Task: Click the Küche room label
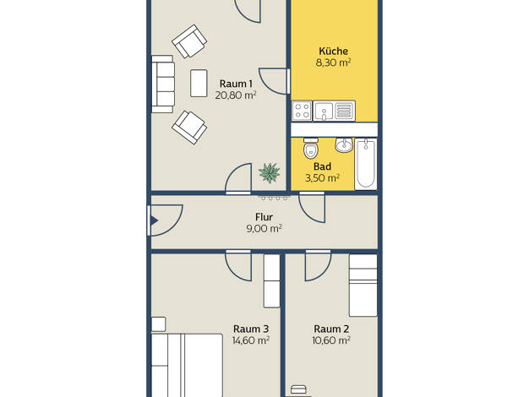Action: pos(333,52)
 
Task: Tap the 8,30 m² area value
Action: pos(333,63)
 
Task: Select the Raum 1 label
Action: pos(236,84)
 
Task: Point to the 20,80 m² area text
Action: pos(236,95)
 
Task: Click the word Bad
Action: pos(322,166)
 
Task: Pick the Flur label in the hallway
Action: pos(264,217)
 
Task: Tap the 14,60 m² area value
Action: pos(251,340)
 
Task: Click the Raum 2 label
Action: pos(331,329)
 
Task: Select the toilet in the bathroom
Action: pos(311,149)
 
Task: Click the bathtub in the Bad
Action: pos(366,164)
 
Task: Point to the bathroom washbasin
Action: pos(344,145)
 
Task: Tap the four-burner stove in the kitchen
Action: pos(302,111)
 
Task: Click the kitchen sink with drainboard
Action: pos(334,111)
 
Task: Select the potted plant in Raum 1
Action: pos(270,172)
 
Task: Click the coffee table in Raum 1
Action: pos(199,84)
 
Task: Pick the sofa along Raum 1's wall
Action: pos(163,84)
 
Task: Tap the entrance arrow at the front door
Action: pos(155,221)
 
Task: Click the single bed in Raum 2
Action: pos(363,286)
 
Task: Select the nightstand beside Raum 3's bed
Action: pos(159,324)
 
